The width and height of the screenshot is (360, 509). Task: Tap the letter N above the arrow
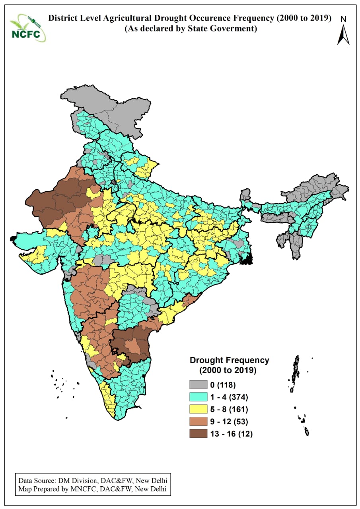(x=344, y=19)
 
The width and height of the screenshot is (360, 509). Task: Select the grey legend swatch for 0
(x=198, y=385)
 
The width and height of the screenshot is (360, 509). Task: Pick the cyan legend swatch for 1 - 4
(x=198, y=396)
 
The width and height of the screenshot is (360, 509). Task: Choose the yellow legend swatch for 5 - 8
(x=198, y=409)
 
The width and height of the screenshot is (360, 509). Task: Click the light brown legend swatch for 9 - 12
(x=198, y=421)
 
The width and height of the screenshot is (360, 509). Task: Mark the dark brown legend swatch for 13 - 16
(x=198, y=433)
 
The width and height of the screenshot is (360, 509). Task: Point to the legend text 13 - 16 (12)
(x=233, y=433)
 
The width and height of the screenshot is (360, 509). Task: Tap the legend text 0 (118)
(x=225, y=385)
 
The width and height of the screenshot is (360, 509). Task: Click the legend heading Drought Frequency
(x=230, y=360)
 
